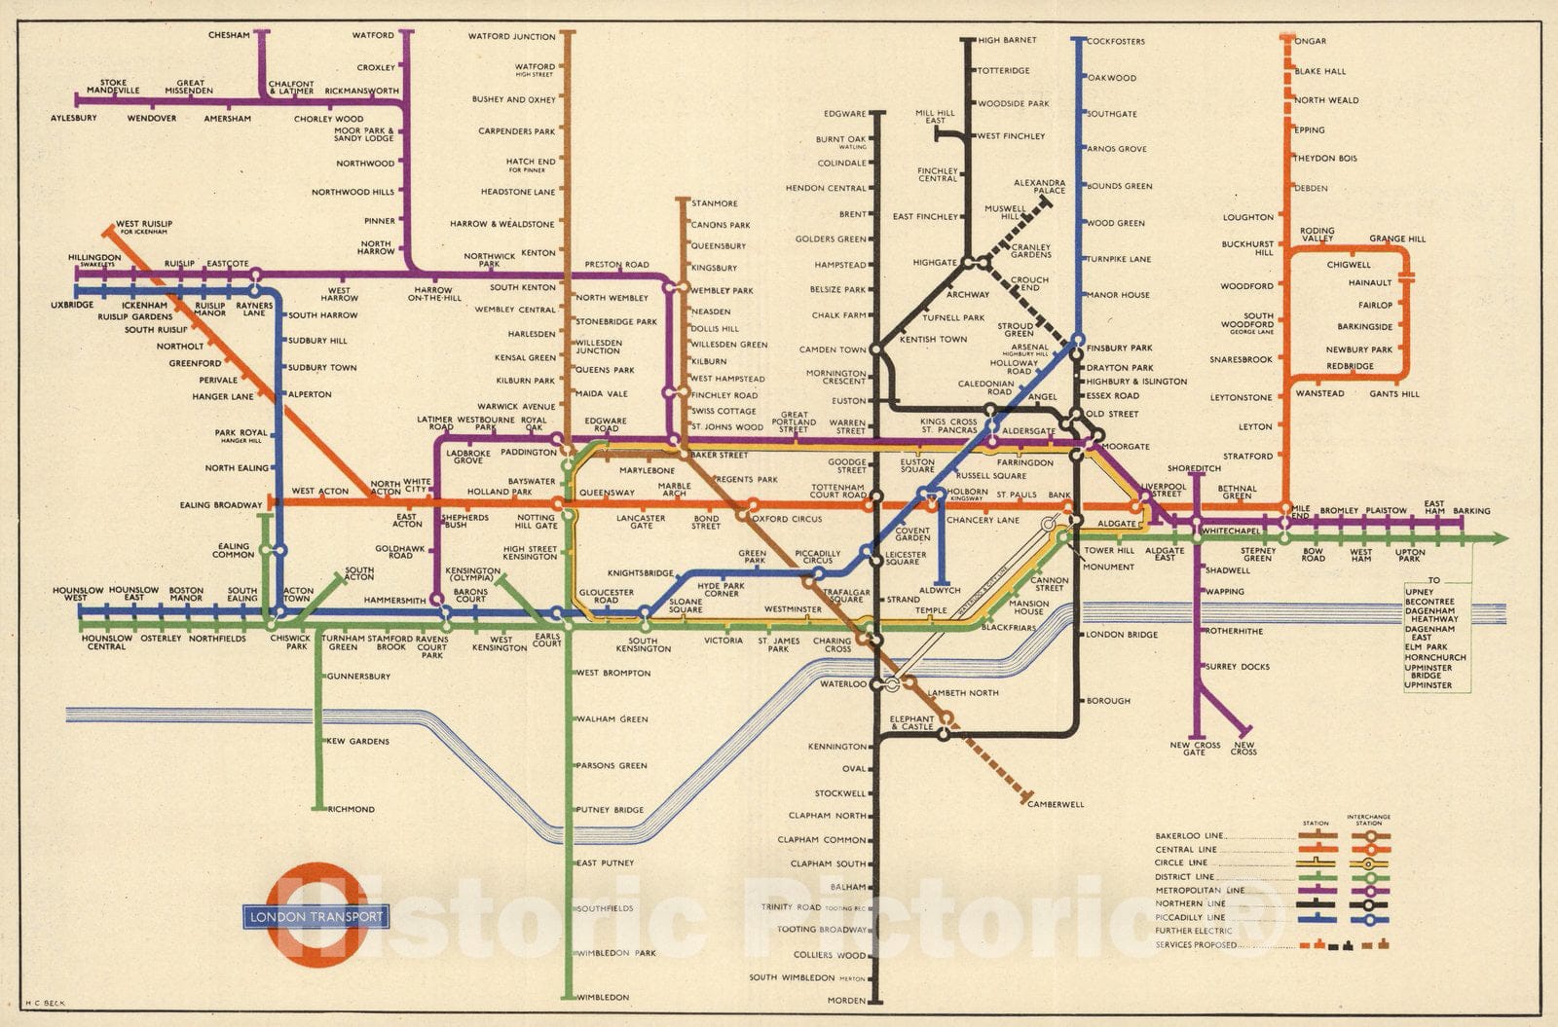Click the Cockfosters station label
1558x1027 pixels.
point(1116,41)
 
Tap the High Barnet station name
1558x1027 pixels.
point(1007,40)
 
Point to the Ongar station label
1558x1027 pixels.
point(1311,41)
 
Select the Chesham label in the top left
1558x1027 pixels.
point(229,35)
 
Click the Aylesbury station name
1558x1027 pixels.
point(74,119)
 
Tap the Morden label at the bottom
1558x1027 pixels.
point(846,1001)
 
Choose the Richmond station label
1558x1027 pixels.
point(351,809)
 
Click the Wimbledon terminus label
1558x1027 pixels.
point(603,998)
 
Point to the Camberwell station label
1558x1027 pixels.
point(1056,804)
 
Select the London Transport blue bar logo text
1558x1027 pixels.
point(316,916)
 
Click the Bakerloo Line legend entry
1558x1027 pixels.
point(1189,836)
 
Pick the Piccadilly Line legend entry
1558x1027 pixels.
point(1190,917)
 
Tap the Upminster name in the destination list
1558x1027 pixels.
point(1428,685)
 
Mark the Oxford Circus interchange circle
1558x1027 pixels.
point(751,505)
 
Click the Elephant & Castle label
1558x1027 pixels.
point(911,722)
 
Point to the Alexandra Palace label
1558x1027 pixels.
point(1039,186)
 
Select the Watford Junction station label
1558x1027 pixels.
point(511,37)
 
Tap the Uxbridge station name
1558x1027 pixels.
point(72,305)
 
